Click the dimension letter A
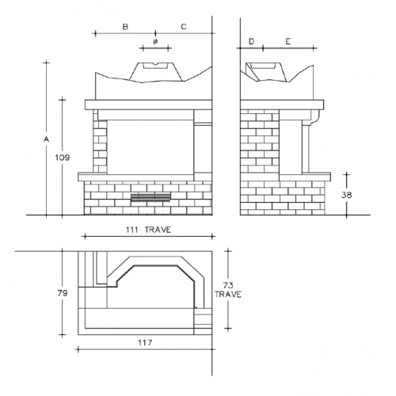pyautogui.click(x=47, y=139)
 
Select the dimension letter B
pyautogui.click(x=125, y=27)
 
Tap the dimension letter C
pyautogui.click(x=184, y=27)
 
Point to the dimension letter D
pyautogui.click(x=251, y=41)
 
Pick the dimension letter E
pyautogui.click(x=288, y=41)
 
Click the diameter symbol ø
pyautogui.click(x=155, y=41)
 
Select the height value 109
pyautogui.click(x=63, y=158)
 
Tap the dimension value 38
pyautogui.click(x=347, y=195)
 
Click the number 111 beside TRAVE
pyautogui.click(x=131, y=230)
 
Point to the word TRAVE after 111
pyautogui.click(x=158, y=230)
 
